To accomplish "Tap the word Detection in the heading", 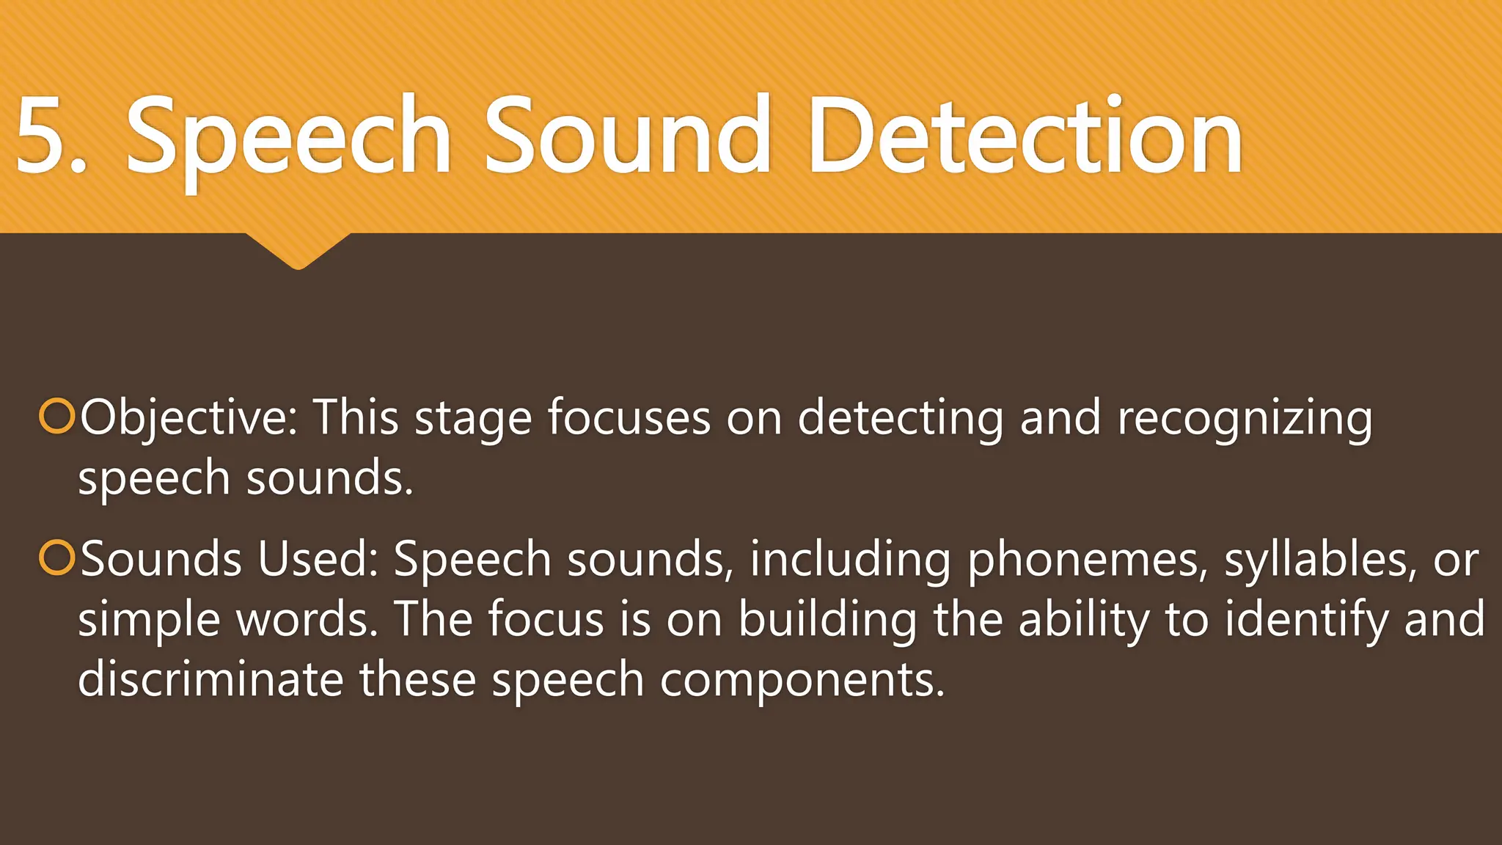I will (1025, 136).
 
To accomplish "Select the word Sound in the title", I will (627, 136).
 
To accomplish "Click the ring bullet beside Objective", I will (56, 417).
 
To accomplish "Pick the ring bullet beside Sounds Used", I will (56, 558).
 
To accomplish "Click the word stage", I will (473, 418).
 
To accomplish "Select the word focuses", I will (629, 418).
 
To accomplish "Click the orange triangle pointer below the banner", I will (298, 250).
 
